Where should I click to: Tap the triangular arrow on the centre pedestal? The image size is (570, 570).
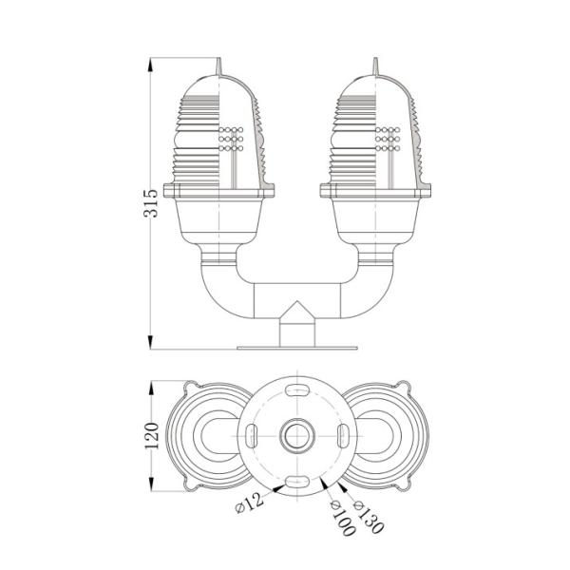[x=294, y=311]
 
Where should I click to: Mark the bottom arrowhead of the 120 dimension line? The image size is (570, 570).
[x=151, y=488]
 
